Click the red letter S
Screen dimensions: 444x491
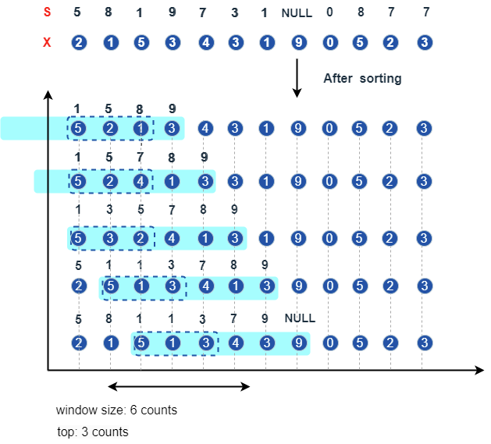tap(47, 12)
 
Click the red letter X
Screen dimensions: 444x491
tap(47, 42)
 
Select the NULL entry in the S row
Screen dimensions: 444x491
tap(297, 13)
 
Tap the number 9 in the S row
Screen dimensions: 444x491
tap(172, 12)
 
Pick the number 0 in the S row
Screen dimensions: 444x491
tap(330, 12)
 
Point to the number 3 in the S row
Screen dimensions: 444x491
tap(234, 12)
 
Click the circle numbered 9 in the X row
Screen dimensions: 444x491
tap(298, 42)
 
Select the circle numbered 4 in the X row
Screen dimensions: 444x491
tap(204, 42)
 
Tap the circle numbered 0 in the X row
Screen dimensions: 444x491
tap(330, 42)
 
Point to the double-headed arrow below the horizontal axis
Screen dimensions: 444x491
tap(179, 386)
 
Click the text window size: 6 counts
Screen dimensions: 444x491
tap(116, 410)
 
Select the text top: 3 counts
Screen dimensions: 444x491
tap(93, 432)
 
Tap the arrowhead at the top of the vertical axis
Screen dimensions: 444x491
tap(48, 95)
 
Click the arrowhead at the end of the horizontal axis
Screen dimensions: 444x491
tap(479, 370)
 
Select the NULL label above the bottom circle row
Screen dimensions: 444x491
tap(300, 318)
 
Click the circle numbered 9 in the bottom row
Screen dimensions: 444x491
tap(298, 343)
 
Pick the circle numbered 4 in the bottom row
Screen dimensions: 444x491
tap(235, 343)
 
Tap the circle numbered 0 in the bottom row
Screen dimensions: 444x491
tap(330, 343)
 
